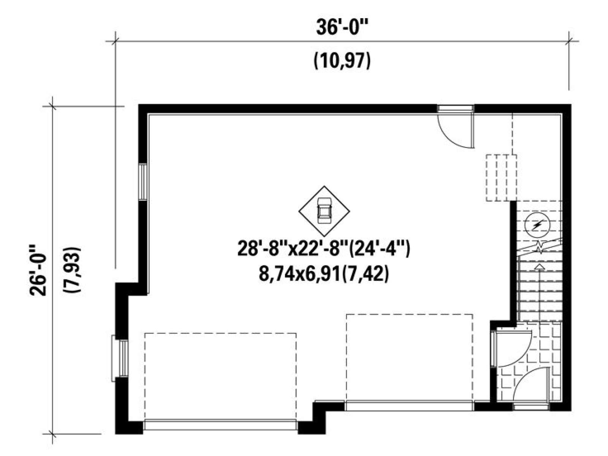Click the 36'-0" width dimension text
pyautogui.click(x=342, y=27)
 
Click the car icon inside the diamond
pyautogui.click(x=324, y=211)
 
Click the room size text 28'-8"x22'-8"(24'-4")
pyautogui.click(x=323, y=249)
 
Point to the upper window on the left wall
pyautogui.click(x=142, y=182)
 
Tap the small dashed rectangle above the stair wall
pyautogui.click(x=501, y=178)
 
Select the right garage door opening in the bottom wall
pyautogui.click(x=409, y=405)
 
